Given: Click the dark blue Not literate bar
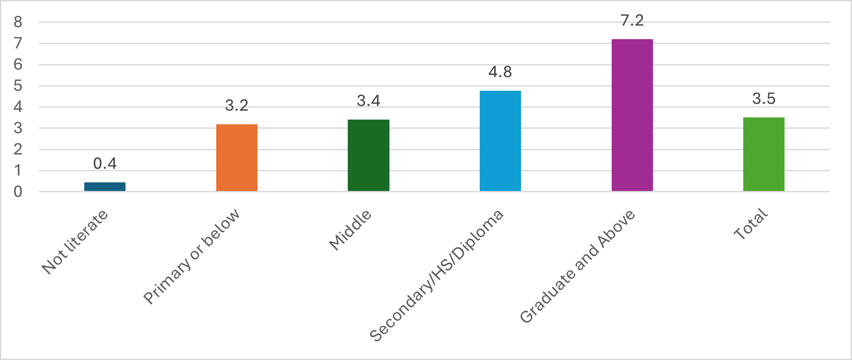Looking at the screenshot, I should [105, 187].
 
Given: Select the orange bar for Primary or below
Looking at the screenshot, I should [237, 158].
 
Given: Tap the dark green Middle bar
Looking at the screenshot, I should [368, 155].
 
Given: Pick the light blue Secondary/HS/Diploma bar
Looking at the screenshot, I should [500, 141].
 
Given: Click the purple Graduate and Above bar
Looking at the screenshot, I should [632, 115].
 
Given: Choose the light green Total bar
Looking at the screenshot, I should [764, 154].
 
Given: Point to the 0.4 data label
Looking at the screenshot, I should [105, 163].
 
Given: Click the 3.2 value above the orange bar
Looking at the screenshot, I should [237, 105].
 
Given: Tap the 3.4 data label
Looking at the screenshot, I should [368, 101].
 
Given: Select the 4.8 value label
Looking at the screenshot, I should [500, 72].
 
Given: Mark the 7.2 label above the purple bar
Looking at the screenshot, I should [632, 20].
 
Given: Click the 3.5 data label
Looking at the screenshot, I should [764, 98].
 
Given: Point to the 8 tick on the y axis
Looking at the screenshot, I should [18, 22].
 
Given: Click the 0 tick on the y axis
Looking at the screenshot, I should [18, 192].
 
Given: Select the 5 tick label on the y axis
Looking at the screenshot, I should [18, 86].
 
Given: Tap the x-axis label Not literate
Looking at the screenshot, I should [75, 242].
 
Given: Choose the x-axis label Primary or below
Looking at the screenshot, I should [192, 256].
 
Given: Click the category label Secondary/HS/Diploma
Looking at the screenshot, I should [436, 275].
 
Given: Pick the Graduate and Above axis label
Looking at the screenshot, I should [577, 267].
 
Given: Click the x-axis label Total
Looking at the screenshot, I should [751, 224].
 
